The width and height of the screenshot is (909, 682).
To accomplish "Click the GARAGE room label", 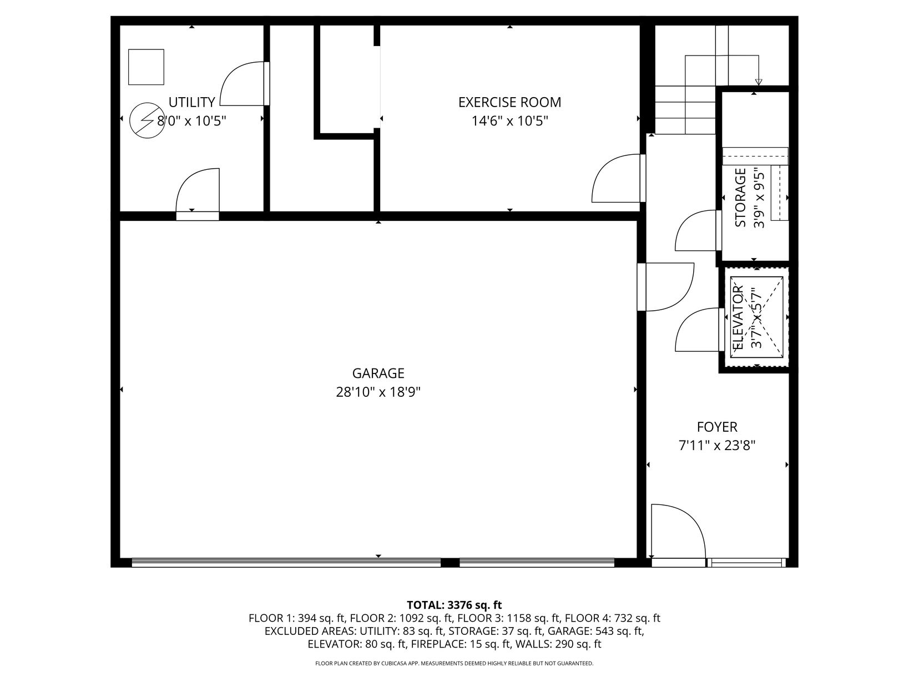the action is [378, 373].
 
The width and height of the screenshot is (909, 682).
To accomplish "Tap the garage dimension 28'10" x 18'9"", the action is [378, 392].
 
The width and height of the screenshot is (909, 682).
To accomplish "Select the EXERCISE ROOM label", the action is [510, 102].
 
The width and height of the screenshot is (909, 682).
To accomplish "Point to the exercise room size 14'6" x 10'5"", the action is [510, 121].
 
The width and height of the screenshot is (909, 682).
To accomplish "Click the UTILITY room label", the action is [192, 102].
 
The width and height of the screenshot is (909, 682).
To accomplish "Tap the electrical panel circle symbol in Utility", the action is [147, 120].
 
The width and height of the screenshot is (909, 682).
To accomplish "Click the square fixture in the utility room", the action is [146, 67].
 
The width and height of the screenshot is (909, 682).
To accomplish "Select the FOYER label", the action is [717, 427].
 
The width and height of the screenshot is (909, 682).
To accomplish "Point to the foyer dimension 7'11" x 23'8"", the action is [717, 446].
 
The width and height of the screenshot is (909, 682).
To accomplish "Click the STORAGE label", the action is [740, 198].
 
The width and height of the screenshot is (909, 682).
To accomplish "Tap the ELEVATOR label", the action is [739, 317].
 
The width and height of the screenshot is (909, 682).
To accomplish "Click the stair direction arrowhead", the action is [758, 82].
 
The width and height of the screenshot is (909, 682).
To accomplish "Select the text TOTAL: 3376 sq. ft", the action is [454, 605].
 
